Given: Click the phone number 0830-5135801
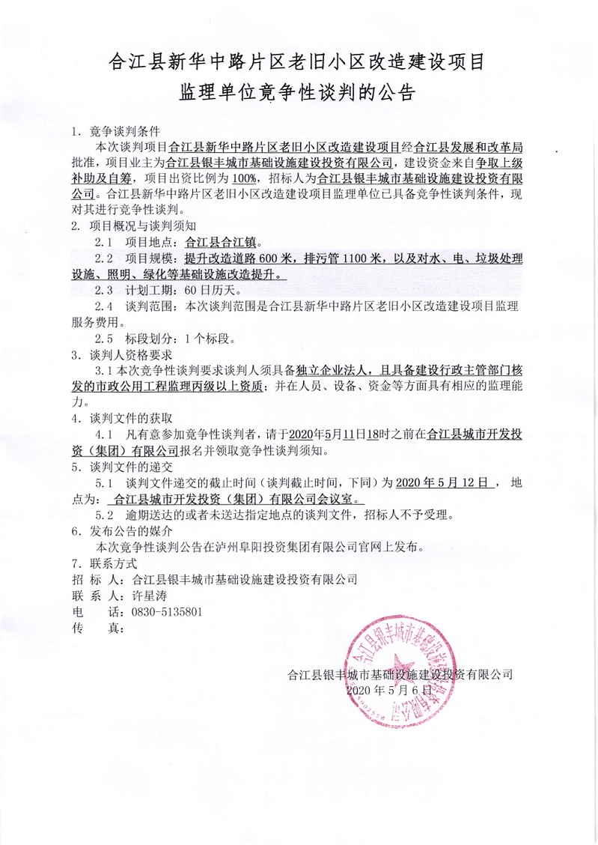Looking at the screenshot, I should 167,611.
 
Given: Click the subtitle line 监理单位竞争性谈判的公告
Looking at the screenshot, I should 298,93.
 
